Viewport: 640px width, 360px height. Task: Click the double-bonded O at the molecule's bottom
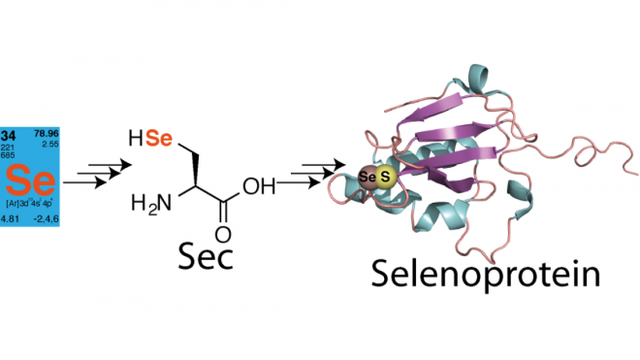[224, 234]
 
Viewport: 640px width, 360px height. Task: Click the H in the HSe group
[137, 142]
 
